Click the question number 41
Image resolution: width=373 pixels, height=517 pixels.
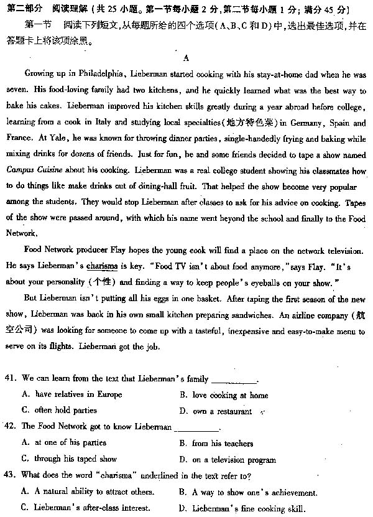pyautogui.click(x=10, y=378)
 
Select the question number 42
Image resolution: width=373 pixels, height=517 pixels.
pyautogui.click(x=10, y=427)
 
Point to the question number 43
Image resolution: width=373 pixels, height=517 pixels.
pyautogui.click(x=10, y=475)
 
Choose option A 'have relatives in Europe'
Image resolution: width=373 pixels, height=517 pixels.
pyautogui.click(x=73, y=394)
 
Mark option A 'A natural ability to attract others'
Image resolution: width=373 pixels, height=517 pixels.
pyautogui.click(x=88, y=492)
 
